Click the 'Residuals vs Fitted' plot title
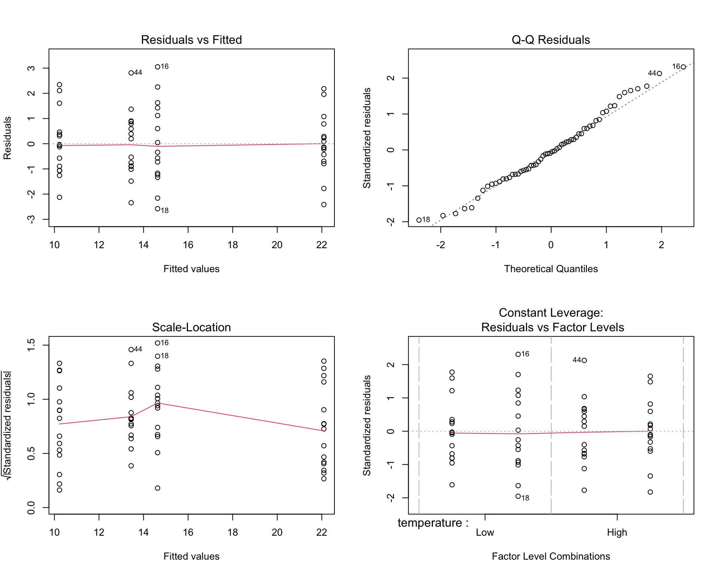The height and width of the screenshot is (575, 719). (191, 40)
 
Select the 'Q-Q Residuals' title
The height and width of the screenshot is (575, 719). (550, 40)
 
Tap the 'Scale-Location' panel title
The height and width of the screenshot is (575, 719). (191, 327)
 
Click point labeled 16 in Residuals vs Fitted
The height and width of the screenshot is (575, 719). (158, 67)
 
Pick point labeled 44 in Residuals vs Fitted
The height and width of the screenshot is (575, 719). (131, 73)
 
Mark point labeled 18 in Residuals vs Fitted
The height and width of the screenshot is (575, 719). (158, 209)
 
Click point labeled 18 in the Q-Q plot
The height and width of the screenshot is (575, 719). (419, 220)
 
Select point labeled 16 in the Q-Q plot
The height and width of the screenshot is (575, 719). (683, 67)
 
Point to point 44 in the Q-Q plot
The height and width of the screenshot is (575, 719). (659, 74)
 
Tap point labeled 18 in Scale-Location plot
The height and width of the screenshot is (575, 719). (158, 356)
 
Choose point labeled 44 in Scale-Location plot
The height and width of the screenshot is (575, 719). (131, 350)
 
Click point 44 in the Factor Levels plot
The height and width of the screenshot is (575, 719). (584, 360)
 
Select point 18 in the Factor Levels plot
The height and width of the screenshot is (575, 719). (518, 496)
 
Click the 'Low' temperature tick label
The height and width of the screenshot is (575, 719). (485, 532)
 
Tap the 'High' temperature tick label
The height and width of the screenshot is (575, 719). (617, 532)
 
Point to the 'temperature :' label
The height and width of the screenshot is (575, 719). (433, 523)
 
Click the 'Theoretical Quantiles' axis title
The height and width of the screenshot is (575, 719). (550, 269)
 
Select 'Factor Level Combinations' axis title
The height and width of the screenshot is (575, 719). (550, 556)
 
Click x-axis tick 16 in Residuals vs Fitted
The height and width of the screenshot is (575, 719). (188, 245)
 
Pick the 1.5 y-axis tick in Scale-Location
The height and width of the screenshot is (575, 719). (31, 345)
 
